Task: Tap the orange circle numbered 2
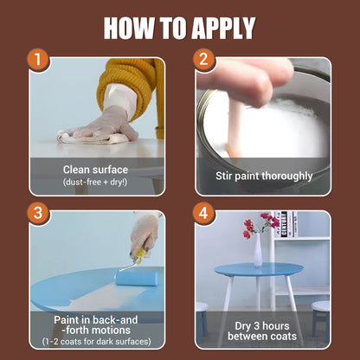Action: click(x=203, y=61)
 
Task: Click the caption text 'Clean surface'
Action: click(x=95, y=170)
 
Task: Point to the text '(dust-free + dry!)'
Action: click(x=95, y=183)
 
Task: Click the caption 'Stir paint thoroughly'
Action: click(x=263, y=176)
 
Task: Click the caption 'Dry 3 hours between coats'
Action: click(x=263, y=329)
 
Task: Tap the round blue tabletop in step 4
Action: click(x=260, y=270)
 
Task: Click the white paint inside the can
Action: click(x=277, y=121)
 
